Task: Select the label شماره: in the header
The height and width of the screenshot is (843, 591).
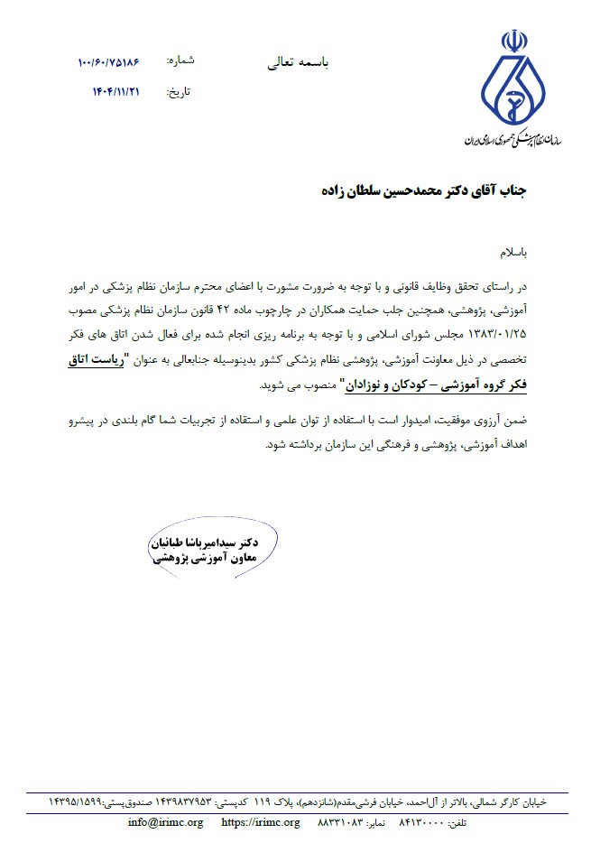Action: pos(180,60)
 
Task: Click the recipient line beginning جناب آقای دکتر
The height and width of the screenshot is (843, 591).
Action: pos(423,192)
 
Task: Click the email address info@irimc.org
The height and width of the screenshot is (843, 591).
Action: pos(166,822)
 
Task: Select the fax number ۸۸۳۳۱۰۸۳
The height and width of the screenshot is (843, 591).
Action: pos(343,822)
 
